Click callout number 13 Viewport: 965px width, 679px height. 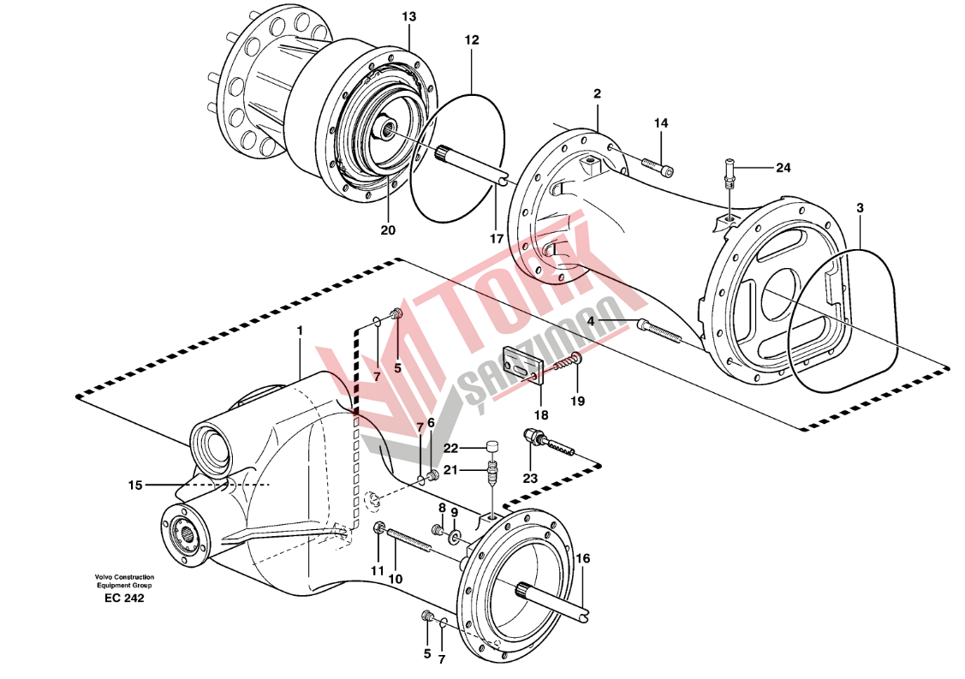tap(408, 17)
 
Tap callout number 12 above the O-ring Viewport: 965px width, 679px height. tap(472, 40)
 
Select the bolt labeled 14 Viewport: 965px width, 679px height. tap(657, 164)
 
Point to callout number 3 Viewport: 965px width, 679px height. tap(860, 208)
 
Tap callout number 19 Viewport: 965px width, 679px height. tap(577, 401)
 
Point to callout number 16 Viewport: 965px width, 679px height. tap(582, 558)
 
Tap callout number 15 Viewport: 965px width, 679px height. tap(135, 485)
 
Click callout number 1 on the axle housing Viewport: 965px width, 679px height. tap(300, 331)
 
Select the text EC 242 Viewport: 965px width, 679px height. tap(120, 598)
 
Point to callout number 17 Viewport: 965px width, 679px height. tap(496, 239)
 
